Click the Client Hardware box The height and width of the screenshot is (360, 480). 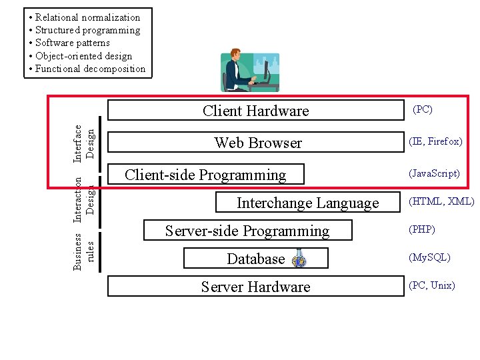tap(256, 111)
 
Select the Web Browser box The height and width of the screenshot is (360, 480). tap(258, 143)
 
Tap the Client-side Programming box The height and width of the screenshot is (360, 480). tap(205, 175)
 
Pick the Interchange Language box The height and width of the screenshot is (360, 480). tap(307, 203)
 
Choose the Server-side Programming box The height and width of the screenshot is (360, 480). tap(247, 231)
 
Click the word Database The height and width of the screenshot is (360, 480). tap(256, 259)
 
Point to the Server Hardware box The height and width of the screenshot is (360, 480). tap(256, 287)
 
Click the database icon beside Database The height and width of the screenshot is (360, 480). tap(299, 259)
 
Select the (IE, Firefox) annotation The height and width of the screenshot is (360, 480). tap(436, 141)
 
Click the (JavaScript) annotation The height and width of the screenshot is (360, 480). tap(435, 173)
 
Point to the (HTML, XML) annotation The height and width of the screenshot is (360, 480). tap(441, 201)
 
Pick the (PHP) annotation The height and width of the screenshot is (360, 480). tap(423, 229)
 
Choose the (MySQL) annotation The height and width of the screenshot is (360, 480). tap(430, 257)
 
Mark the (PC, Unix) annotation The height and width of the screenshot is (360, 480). tap(433, 285)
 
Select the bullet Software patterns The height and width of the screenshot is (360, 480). tap(73, 43)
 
